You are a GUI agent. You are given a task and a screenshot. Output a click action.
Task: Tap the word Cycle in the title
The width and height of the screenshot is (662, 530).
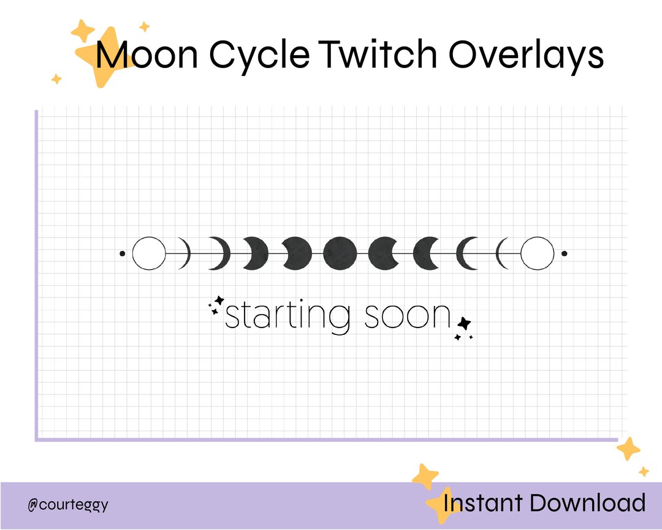pyautogui.click(x=258, y=55)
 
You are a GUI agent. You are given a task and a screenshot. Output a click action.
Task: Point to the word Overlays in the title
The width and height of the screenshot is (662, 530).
pyautogui.click(x=526, y=55)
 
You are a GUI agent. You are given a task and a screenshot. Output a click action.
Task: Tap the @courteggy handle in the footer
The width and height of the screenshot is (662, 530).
pyautogui.click(x=68, y=505)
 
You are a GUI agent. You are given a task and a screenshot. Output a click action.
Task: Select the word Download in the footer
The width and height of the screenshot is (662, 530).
pyautogui.click(x=587, y=503)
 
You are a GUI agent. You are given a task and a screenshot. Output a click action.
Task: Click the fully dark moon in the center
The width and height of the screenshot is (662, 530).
pyautogui.click(x=340, y=253)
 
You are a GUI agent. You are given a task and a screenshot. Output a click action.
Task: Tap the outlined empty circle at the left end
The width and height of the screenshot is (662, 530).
pyautogui.click(x=149, y=253)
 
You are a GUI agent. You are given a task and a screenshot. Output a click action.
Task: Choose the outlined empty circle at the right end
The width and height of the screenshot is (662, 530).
pyautogui.click(x=538, y=253)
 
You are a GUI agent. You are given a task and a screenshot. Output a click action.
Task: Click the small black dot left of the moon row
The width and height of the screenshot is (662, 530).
pyautogui.click(x=122, y=253)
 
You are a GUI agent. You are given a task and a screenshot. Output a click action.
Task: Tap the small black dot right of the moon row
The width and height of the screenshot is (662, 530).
pyautogui.click(x=564, y=253)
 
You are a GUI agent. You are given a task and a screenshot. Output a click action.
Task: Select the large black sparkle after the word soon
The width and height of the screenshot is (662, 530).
pyautogui.click(x=465, y=323)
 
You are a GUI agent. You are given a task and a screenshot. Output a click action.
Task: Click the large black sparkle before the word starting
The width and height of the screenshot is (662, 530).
pyautogui.click(x=219, y=301)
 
